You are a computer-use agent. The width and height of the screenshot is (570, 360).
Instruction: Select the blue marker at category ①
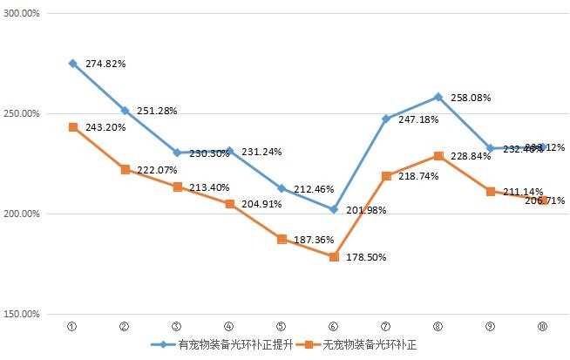tap(72, 64)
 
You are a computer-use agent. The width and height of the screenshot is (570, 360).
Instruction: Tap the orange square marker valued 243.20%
tap(72, 127)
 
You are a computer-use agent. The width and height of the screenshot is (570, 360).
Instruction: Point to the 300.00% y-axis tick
tap(23, 14)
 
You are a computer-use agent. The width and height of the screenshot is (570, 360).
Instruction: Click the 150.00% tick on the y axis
tap(23, 315)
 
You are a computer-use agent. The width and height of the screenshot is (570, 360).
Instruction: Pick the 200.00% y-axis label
tap(23, 214)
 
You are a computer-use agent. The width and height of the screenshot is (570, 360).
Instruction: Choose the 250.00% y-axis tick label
tap(23, 114)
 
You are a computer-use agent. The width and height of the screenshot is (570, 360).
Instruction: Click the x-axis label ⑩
tap(542, 327)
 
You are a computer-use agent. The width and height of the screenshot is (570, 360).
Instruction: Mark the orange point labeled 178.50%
tap(334, 257)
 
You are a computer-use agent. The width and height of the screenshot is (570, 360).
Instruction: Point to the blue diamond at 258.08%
tap(438, 97)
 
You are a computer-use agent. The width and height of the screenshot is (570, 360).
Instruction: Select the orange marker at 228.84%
tap(438, 156)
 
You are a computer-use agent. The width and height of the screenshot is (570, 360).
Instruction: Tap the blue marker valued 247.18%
tap(386, 119)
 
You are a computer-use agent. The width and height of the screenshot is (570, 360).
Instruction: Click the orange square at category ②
tap(125, 169)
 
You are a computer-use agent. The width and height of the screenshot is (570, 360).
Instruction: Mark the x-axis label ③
tap(177, 327)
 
